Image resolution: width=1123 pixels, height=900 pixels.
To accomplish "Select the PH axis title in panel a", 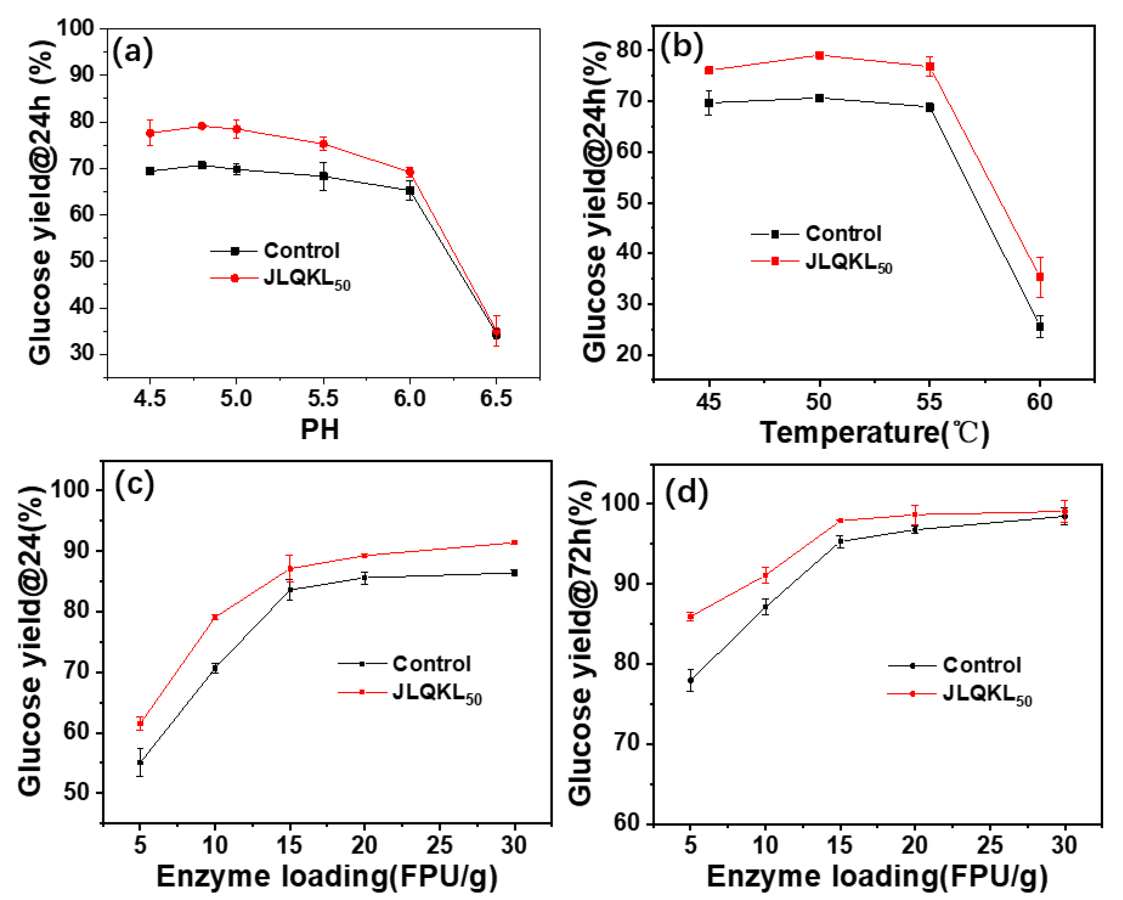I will (319, 430).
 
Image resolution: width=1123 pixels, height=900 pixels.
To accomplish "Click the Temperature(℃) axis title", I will (874, 432).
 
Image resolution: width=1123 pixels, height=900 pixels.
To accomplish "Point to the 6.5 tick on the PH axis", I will (496, 399).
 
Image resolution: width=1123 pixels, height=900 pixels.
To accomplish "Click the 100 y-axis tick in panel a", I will (75, 28).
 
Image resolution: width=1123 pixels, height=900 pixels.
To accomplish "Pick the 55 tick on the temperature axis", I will (929, 402).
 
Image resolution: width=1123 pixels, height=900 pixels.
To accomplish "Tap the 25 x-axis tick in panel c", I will (439, 845).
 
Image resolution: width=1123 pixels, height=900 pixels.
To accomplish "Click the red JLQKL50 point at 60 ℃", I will (1040, 277).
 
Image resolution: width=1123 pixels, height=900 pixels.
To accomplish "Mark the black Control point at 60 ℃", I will (1040, 327).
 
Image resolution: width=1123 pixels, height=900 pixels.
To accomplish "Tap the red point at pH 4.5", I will (150, 133).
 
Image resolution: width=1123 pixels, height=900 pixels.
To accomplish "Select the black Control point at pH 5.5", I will (323, 176).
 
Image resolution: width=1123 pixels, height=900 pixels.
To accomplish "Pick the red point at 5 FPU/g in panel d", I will (691, 617).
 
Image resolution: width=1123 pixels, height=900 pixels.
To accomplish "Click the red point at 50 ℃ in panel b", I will (819, 55).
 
